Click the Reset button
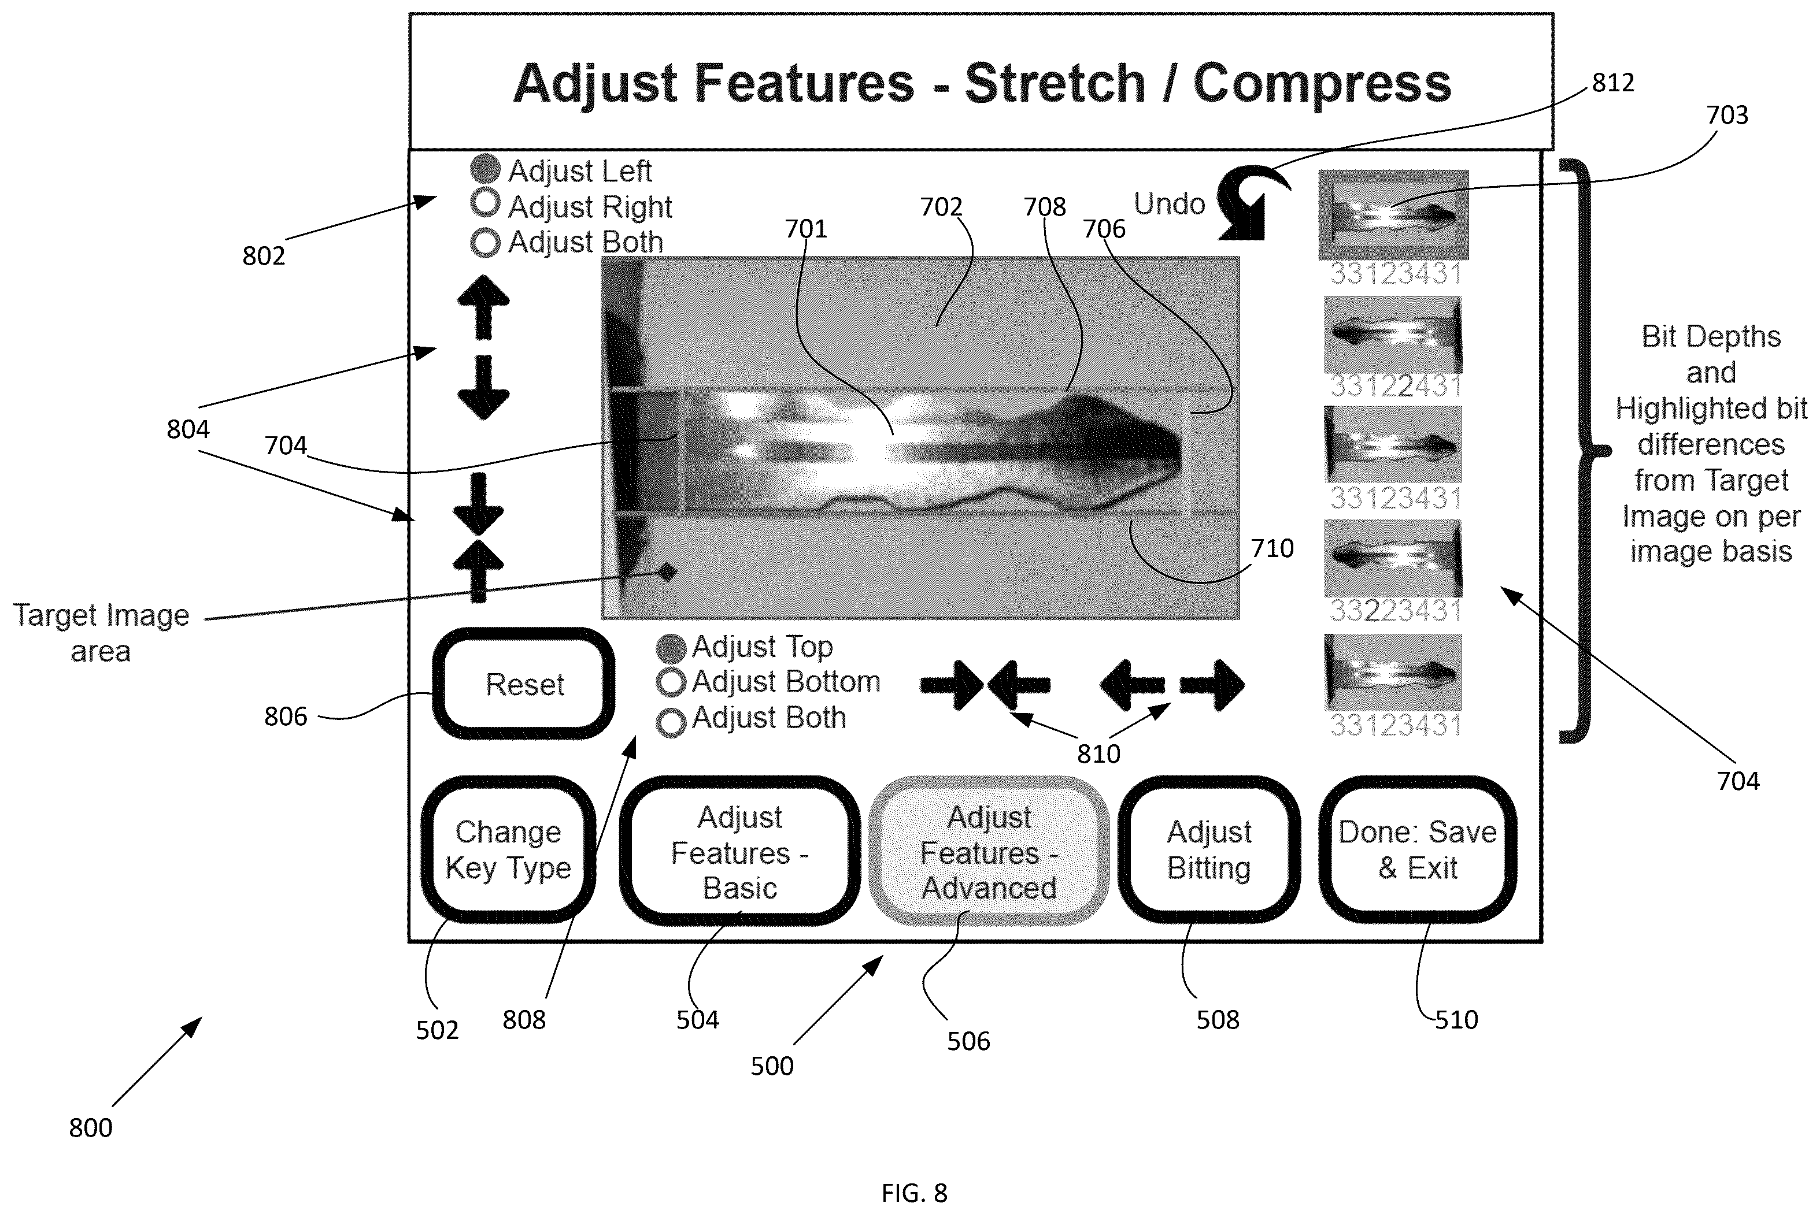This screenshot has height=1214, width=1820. coord(524,684)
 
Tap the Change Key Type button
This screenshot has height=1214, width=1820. coord(508,849)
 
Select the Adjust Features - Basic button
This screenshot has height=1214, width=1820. coord(739,852)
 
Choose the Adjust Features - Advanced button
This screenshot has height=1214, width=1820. coord(989,852)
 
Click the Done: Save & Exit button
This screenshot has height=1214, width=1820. coord(1417,849)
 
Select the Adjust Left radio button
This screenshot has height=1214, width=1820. coord(485,169)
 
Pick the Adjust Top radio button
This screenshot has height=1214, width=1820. coord(671,649)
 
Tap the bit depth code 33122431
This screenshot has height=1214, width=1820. coord(1396,385)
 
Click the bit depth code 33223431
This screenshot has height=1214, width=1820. coord(1396,611)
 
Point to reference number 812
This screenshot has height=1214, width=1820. coord(1612,82)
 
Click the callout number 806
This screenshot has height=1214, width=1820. coord(286,717)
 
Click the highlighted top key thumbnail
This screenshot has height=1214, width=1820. coord(1393,214)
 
